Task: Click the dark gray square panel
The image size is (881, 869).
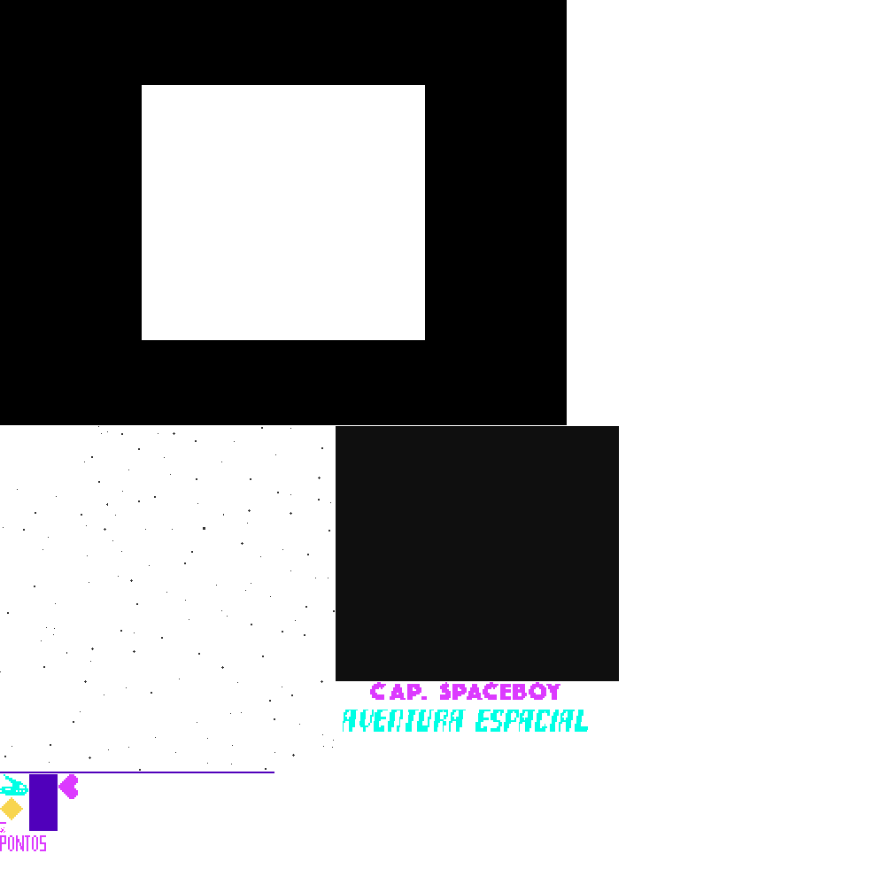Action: (476, 553)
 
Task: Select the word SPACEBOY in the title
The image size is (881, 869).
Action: (500, 692)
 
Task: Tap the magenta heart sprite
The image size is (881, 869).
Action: (69, 786)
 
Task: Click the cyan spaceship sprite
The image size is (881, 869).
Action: (13, 786)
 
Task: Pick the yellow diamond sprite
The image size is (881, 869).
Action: (11, 809)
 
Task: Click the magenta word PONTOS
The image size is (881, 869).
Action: (23, 843)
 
